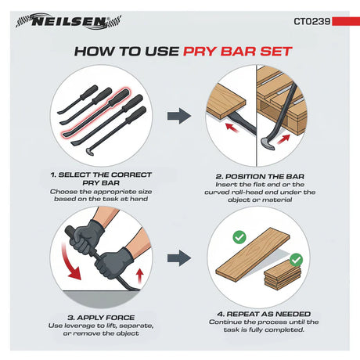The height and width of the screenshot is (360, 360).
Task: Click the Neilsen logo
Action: tap(69, 20)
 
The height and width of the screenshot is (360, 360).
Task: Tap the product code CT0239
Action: tap(312, 21)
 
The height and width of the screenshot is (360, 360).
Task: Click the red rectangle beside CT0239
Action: tap(346, 21)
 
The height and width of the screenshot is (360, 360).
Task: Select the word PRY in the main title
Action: tap(200, 52)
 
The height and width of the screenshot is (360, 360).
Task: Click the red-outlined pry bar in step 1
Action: tap(95, 113)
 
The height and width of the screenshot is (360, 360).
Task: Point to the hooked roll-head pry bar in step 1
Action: tap(116, 131)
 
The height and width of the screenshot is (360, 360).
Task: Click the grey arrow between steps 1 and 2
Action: tap(179, 116)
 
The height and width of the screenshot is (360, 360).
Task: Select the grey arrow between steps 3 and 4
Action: tap(179, 258)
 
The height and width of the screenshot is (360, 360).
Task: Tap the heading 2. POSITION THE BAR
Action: tap(260, 177)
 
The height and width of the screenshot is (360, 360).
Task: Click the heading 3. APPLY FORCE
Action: tap(101, 318)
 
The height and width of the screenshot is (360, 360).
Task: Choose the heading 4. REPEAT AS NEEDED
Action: tap(264, 314)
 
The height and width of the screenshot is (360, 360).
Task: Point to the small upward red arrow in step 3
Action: tap(140, 276)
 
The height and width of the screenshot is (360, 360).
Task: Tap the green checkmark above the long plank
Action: tap(239, 237)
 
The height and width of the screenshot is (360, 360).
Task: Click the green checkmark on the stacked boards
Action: tap(296, 260)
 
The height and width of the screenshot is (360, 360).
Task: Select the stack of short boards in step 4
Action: tap(283, 275)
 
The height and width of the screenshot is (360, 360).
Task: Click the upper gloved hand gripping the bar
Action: tap(86, 236)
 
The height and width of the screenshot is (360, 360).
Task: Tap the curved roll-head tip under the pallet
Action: tap(268, 143)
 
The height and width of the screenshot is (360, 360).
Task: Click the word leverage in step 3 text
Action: tap(80, 326)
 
